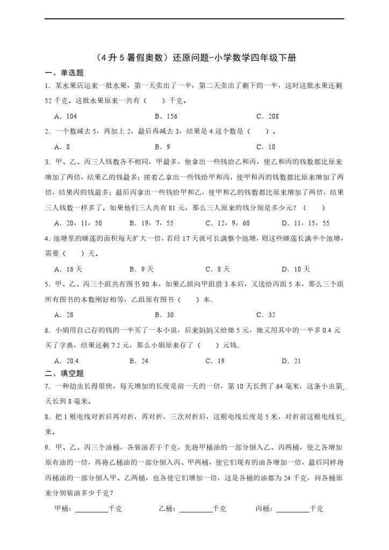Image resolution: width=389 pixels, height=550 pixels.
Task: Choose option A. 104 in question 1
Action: [x=66, y=116]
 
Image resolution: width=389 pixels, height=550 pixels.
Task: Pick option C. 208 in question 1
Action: [x=267, y=116]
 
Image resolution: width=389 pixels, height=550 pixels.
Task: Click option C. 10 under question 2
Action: [x=265, y=147]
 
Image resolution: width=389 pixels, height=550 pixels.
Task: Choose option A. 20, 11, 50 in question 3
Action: [x=78, y=223]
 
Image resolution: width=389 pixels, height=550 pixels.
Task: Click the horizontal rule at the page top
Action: [x=194, y=19]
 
